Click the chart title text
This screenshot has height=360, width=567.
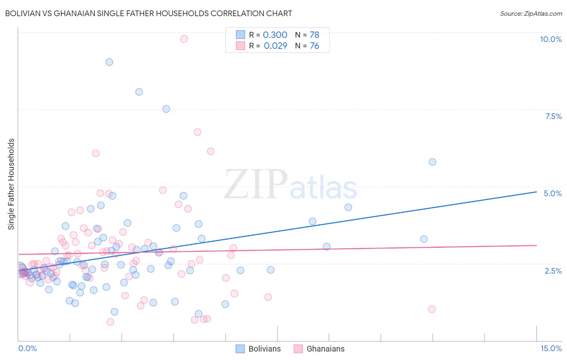(x=148, y=13)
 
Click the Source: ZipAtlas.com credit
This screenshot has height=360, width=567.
(x=531, y=13)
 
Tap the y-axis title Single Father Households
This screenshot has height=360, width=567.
(x=11, y=184)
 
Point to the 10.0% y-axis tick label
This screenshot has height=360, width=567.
(x=550, y=39)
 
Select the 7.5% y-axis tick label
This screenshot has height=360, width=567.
(x=553, y=116)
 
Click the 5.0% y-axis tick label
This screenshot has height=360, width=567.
(x=552, y=193)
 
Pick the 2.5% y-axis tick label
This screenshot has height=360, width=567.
(x=553, y=271)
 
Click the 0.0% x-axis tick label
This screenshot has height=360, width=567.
(x=27, y=348)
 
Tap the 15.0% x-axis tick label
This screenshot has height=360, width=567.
(x=550, y=348)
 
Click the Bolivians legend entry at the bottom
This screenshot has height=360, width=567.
(x=258, y=349)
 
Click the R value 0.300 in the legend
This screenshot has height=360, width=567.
(x=275, y=35)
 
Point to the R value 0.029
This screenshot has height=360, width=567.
(x=275, y=46)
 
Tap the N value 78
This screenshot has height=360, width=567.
(x=315, y=35)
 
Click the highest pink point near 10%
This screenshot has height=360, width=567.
(x=184, y=39)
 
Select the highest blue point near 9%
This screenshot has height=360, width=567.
(x=109, y=62)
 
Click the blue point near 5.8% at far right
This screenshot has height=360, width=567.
(x=432, y=162)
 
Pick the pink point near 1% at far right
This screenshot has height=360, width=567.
(x=432, y=309)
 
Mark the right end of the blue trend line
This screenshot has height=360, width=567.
(x=536, y=192)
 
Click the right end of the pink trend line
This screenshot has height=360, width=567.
(x=536, y=245)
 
